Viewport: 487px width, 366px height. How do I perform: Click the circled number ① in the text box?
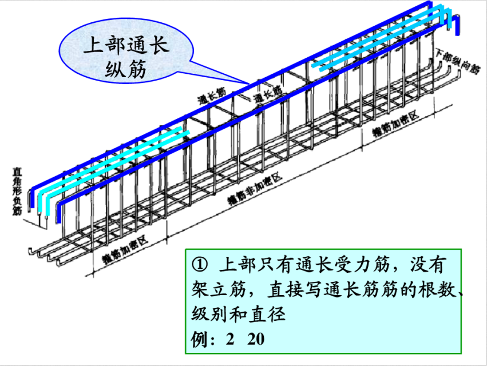point(199,266)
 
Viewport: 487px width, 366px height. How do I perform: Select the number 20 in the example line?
point(256,339)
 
